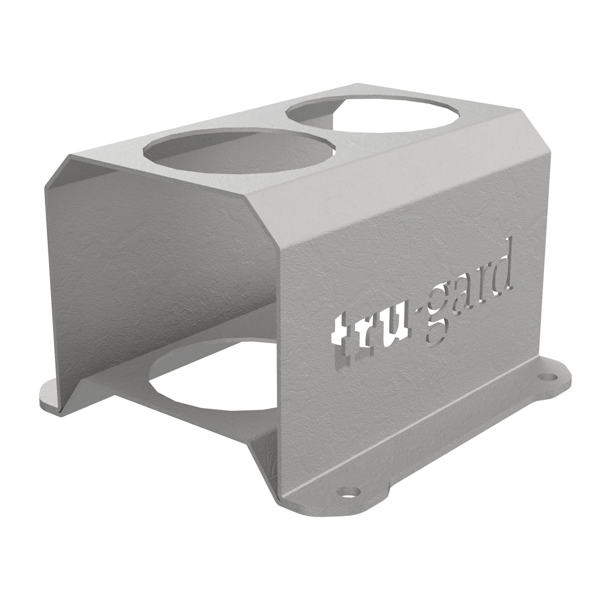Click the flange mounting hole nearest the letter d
(545, 376)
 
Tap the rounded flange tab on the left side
(50, 394)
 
